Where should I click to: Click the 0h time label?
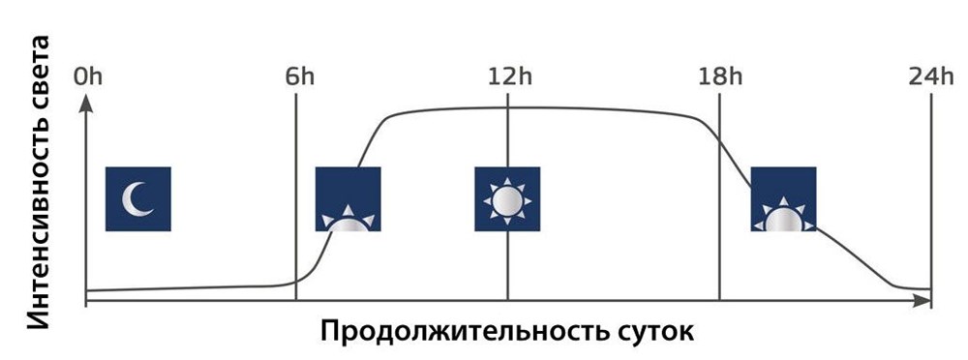tap(87, 77)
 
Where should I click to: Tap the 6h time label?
tap(298, 77)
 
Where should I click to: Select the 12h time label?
tap(509, 77)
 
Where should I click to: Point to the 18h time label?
tap(720, 77)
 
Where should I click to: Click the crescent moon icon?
tap(138, 198)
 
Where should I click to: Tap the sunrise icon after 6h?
tap(348, 198)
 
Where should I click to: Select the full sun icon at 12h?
tap(506, 198)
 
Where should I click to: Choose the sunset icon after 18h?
tap(783, 198)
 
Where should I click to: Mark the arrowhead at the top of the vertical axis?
tap(86, 101)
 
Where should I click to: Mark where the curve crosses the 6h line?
tap(296, 282)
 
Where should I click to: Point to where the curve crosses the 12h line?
tap(507, 107)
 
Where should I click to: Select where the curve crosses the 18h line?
tap(720, 135)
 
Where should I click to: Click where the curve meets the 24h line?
tap(930, 289)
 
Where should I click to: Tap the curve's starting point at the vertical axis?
tap(87, 290)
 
